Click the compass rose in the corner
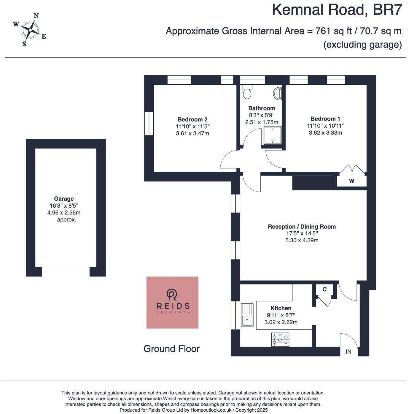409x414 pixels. [30, 30]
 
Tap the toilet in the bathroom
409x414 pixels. [247, 91]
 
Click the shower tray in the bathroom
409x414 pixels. [272, 135]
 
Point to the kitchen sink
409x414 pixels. [247, 315]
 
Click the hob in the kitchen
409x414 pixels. [280, 339]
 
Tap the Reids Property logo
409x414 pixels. [172, 302]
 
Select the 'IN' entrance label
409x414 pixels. [348, 352]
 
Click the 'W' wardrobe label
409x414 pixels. [351, 181]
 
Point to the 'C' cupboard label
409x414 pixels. [324, 289]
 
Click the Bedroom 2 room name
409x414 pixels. [192, 119]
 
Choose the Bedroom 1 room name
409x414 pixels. [325, 118]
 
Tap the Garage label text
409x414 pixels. [64, 199]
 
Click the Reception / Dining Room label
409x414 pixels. [302, 227]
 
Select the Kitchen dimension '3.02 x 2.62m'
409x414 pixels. [281, 322]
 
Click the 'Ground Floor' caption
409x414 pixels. [171, 349]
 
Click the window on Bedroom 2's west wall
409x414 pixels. [149, 123]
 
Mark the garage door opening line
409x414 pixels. [66, 272]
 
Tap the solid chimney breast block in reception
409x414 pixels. [313, 183]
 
